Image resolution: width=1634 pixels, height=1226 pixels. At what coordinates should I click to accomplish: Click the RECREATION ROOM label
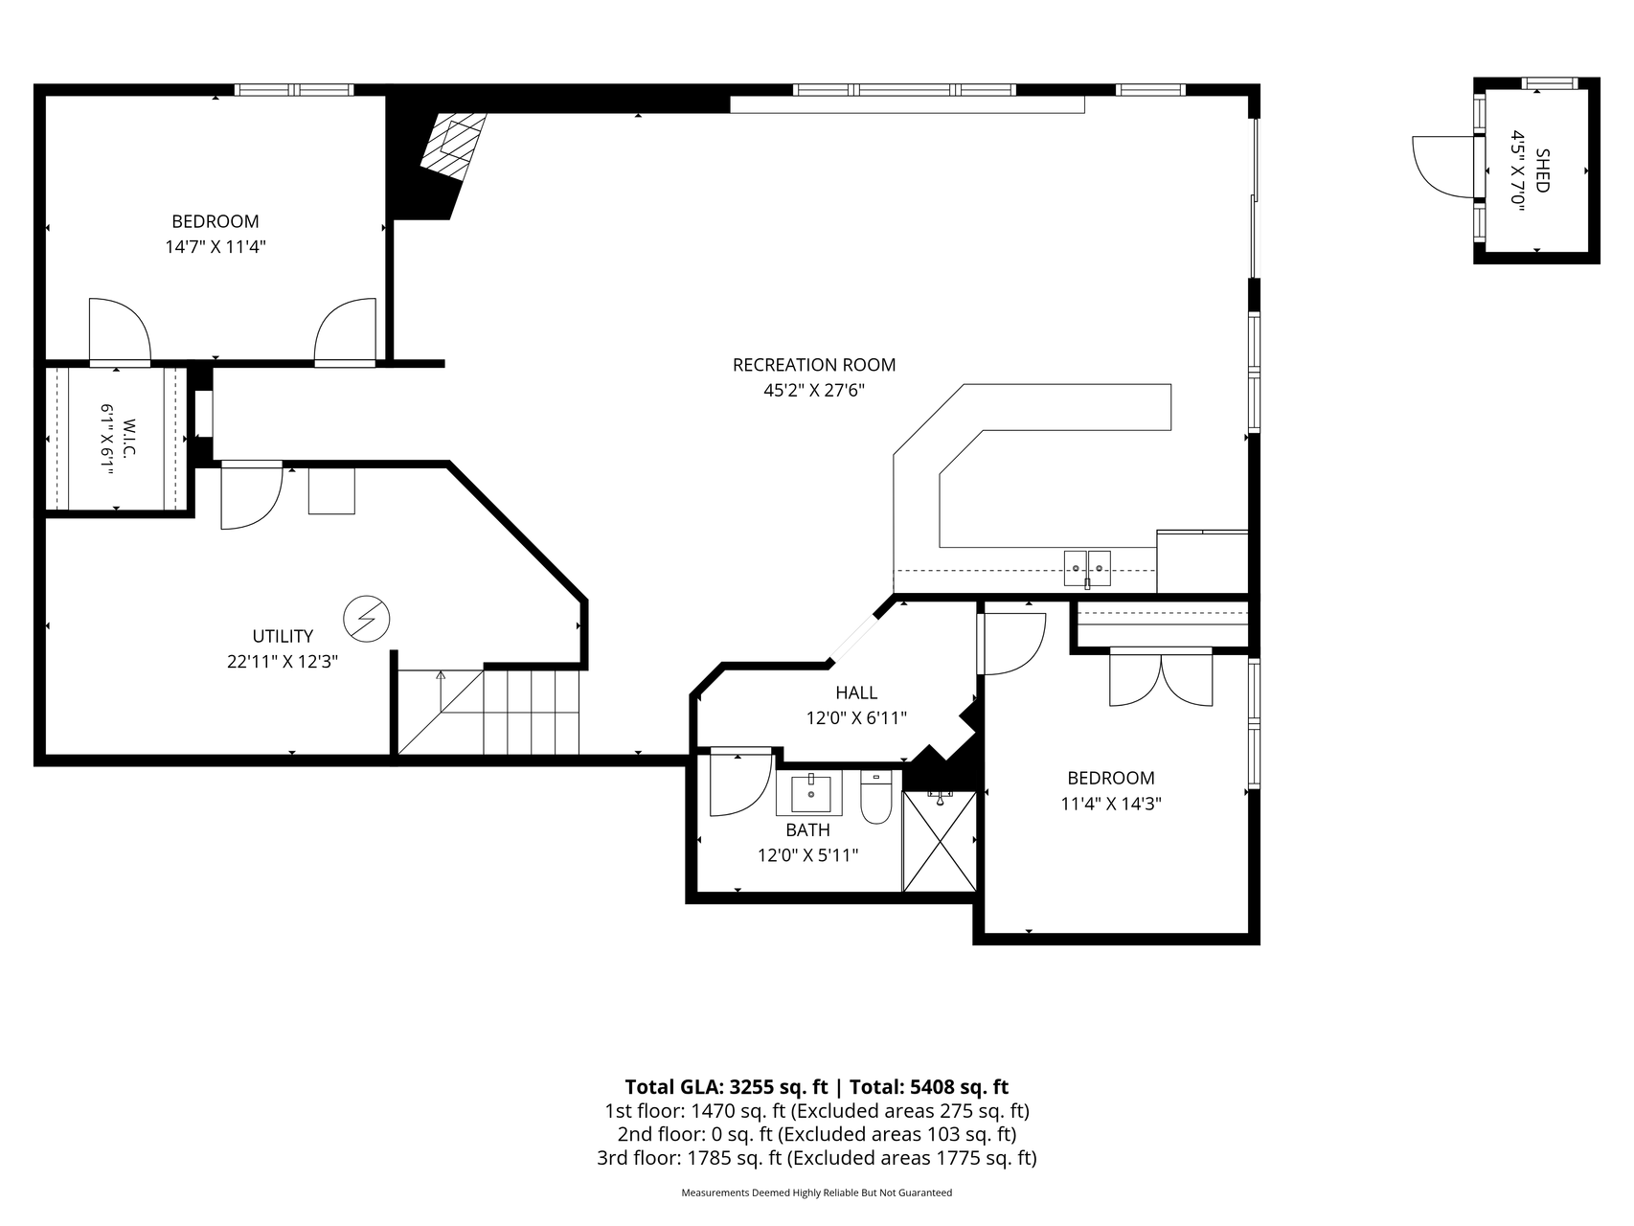(x=814, y=365)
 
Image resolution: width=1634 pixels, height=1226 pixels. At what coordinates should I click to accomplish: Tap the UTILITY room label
(x=283, y=636)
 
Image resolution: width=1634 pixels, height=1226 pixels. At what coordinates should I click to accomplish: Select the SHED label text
(x=1541, y=170)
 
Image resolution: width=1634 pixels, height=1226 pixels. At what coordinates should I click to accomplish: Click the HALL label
(x=856, y=692)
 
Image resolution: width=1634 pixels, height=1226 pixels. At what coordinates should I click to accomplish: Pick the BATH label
(x=807, y=829)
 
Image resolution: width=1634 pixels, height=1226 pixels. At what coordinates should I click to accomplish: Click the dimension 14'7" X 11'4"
(x=216, y=246)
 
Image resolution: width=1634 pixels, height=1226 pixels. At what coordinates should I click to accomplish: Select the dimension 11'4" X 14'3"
(x=1111, y=804)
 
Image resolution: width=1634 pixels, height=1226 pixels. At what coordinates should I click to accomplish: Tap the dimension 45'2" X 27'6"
(x=814, y=390)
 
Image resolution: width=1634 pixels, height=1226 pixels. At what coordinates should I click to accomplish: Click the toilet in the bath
(x=876, y=798)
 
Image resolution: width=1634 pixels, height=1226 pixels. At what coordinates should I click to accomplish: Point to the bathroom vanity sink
(x=811, y=793)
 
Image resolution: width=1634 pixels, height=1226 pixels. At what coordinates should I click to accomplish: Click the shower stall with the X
(x=940, y=841)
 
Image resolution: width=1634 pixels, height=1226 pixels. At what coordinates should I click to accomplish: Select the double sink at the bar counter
(x=1087, y=568)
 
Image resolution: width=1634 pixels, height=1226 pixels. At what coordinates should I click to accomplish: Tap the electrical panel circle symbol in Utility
(x=367, y=618)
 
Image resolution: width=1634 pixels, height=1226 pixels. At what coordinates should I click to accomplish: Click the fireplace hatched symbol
(x=453, y=145)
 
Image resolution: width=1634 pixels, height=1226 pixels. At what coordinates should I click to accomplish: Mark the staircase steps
(x=488, y=712)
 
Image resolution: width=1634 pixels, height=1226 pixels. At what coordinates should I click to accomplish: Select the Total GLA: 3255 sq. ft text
(x=726, y=1087)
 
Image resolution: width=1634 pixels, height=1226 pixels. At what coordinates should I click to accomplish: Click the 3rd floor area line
(x=816, y=1158)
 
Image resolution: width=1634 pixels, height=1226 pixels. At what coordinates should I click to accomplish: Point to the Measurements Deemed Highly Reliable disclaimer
(x=816, y=1193)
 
